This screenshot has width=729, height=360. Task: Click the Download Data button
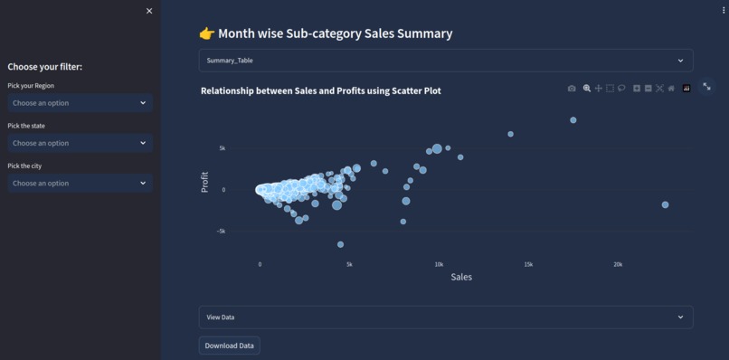click(229, 346)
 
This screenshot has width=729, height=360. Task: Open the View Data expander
click(446, 317)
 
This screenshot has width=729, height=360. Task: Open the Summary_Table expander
click(446, 61)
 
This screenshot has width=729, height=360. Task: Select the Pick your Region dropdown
click(80, 103)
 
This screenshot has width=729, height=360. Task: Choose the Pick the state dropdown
click(80, 143)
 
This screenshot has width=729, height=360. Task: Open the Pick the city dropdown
click(80, 183)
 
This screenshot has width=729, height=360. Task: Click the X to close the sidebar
click(149, 11)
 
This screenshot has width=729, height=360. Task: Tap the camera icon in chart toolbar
click(572, 89)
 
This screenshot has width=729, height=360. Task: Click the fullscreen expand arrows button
click(707, 88)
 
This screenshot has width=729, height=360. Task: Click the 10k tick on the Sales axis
click(439, 264)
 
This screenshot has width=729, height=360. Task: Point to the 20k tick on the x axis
click(618, 264)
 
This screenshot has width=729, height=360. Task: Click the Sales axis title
click(461, 277)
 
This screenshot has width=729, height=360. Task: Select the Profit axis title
click(205, 182)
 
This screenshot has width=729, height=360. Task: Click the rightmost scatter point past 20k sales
click(666, 205)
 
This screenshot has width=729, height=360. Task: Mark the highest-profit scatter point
click(573, 120)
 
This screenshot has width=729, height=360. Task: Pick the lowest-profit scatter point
click(341, 244)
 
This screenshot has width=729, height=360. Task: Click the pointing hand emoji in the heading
click(207, 34)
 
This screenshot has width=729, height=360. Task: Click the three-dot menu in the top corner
click(724, 11)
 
